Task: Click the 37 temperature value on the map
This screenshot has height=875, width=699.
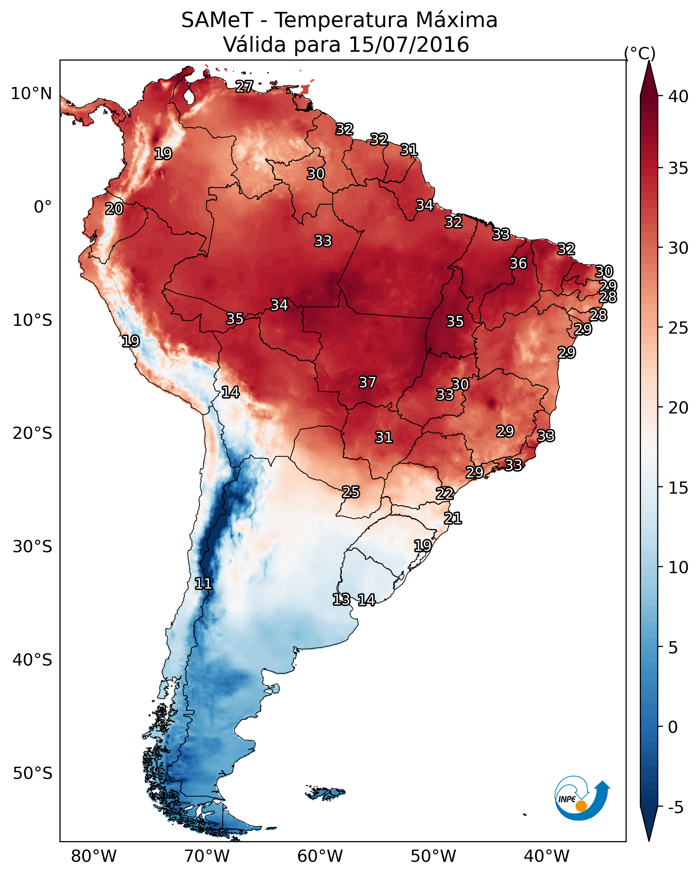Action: click(x=367, y=382)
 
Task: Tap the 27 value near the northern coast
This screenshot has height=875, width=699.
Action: click(x=244, y=86)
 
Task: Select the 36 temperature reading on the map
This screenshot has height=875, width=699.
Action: click(x=518, y=263)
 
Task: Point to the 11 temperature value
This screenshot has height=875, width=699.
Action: click(x=203, y=584)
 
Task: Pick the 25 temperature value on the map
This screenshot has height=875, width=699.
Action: click(x=350, y=492)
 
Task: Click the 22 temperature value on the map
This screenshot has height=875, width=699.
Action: click(x=445, y=494)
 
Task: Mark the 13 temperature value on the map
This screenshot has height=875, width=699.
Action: click(x=341, y=600)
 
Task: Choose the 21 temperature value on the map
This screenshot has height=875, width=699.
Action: click(x=453, y=518)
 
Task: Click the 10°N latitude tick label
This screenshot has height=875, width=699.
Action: click(x=31, y=94)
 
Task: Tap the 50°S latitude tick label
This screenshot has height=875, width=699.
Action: click(x=32, y=773)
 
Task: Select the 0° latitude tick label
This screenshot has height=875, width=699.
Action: click(x=43, y=207)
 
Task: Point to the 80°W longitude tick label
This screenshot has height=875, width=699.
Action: click(x=94, y=856)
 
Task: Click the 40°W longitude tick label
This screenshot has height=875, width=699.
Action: click(x=546, y=856)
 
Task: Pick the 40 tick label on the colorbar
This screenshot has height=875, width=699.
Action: click(x=678, y=96)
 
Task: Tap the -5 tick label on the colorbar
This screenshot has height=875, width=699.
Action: click(x=675, y=808)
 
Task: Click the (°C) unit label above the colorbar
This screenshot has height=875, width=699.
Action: click(x=639, y=53)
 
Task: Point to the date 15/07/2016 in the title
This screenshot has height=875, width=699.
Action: click(x=409, y=44)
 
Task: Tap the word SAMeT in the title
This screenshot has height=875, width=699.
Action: click(x=217, y=20)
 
